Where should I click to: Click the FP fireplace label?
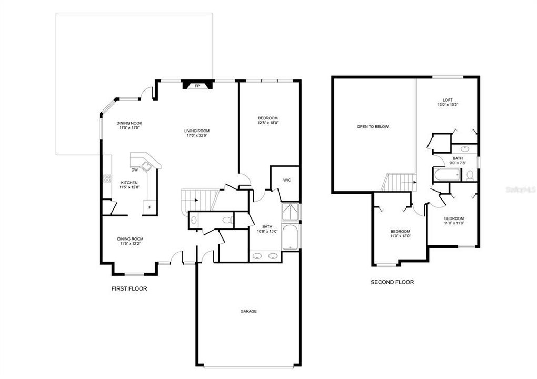click(x=197, y=86)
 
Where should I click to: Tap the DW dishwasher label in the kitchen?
click(x=135, y=170)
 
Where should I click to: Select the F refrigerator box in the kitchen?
click(x=150, y=207)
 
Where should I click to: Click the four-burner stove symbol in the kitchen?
click(x=107, y=178)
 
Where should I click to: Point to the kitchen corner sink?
click(x=147, y=166)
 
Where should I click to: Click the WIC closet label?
click(x=287, y=180)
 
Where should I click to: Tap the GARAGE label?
click(x=248, y=311)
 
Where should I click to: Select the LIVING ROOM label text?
click(x=197, y=131)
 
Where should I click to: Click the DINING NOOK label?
click(x=129, y=123)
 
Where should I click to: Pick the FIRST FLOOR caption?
click(x=129, y=288)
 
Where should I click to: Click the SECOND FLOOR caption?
click(x=392, y=282)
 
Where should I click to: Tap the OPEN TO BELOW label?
click(x=373, y=127)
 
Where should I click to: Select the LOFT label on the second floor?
click(x=447, y=100)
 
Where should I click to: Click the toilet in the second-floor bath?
click(x=470, y=175)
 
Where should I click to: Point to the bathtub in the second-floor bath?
click(x=446, y=175)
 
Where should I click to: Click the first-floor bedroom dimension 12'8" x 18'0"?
click(x=268, y=123)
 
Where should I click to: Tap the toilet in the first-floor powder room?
click(x=227, y=220)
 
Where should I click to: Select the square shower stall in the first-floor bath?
click(x=290, y=212)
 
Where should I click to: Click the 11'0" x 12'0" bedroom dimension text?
click(x=400, y=236)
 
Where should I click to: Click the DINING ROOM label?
click(x=130, y=239)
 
